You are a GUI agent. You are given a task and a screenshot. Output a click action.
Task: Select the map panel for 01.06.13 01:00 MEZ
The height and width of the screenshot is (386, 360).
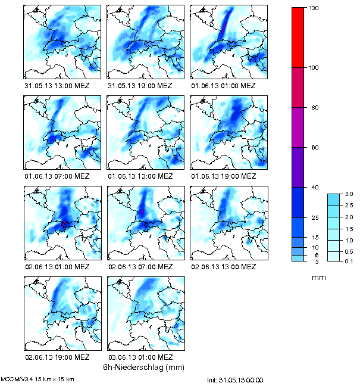point(228,42)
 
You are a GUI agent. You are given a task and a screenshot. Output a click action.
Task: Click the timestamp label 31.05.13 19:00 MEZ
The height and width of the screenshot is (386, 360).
point(140,86)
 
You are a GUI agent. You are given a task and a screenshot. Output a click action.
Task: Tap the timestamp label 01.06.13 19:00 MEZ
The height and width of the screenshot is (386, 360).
point(223,176)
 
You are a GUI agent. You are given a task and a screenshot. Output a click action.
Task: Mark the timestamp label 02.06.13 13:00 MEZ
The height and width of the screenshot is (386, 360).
point(223,266)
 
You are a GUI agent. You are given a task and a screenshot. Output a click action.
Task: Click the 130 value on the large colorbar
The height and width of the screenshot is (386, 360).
point(315,8)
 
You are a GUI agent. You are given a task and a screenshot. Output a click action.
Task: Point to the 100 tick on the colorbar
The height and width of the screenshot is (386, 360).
point(315,67)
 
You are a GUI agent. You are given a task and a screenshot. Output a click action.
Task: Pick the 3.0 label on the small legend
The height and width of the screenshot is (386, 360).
point(349,194)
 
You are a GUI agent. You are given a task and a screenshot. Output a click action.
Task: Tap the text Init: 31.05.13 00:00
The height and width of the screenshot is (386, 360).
point(235,380)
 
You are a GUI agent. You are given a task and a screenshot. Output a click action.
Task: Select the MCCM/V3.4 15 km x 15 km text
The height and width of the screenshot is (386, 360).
point(38,379)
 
